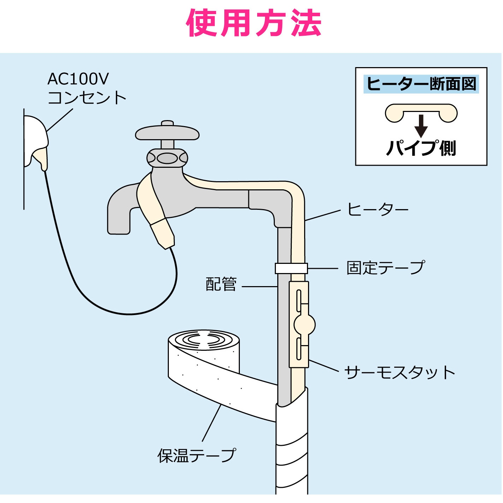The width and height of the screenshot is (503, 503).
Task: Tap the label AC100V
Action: click(78, 79)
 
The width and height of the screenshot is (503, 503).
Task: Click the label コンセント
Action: click(87, 98)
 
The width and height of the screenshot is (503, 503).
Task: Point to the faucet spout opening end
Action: click(119, 230)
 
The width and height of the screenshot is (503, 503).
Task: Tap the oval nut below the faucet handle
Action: click(167, 158)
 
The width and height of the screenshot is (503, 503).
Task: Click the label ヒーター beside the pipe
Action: click(377, 209)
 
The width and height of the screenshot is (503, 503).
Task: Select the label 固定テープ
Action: click(385, 268)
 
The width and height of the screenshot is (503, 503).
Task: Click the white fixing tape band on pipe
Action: click(291, 268)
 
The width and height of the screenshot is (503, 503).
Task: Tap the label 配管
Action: click(221, 284)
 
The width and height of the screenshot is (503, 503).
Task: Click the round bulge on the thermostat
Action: click(304, 324)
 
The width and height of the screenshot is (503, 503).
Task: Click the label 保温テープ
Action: click(196, 455)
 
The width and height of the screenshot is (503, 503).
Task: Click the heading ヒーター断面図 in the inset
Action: click(421, 84)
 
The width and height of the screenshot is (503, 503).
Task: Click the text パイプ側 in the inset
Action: click(421, 148)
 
